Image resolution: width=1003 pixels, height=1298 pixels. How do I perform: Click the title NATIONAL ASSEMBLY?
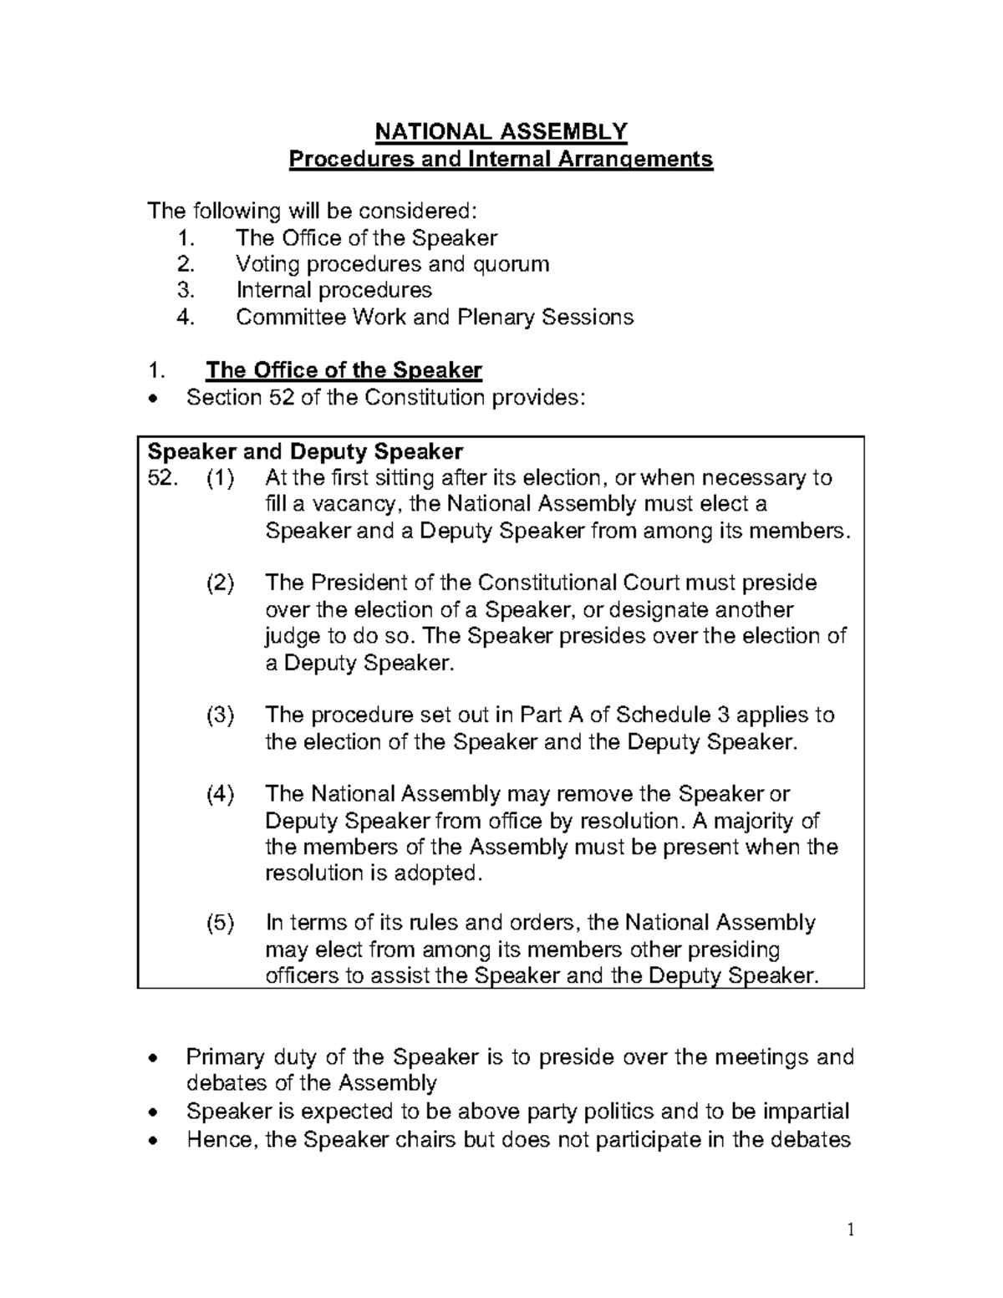coord(501,132)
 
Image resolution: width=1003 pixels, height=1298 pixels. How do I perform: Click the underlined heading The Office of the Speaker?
coord(344,370)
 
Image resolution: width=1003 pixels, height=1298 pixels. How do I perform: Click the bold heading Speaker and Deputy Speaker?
coord(304,452)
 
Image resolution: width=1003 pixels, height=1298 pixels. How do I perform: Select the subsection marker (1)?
coord(221,478)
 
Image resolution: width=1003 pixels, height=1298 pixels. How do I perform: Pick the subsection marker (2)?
coord(221,583)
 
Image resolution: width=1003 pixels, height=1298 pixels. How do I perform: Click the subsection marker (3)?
coord(221,715)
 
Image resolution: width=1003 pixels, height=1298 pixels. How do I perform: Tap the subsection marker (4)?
coord(221,794)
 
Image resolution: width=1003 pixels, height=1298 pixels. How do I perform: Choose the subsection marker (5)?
coord(221,924)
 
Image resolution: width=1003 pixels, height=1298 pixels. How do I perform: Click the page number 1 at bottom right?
coord(850,1230)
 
